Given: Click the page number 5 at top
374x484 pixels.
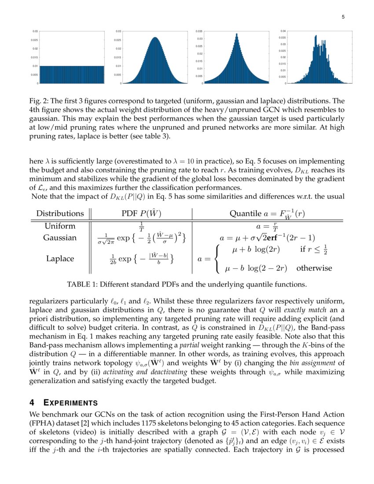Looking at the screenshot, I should pos(343,17).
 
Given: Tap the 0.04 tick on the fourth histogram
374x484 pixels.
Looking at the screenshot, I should pos(284,31).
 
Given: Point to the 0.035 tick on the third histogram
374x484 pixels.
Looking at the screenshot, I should pos(199,31).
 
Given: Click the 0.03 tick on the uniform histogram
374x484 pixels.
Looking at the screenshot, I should pos(35,31).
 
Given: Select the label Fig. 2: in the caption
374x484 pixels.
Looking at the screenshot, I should pos(38,100).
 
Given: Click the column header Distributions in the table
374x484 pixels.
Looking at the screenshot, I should pos(60,213).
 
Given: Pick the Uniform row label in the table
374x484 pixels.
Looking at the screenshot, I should pos(60,226).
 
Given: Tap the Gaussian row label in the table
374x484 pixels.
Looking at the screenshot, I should pos(60,238).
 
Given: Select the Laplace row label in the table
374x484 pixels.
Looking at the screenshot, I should pos(60,259).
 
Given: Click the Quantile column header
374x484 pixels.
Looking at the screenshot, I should pos(245,213).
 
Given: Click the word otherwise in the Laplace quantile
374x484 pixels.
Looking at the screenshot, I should pos(314,268).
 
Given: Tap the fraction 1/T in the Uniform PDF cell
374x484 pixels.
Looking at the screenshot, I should pos(141,226).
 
